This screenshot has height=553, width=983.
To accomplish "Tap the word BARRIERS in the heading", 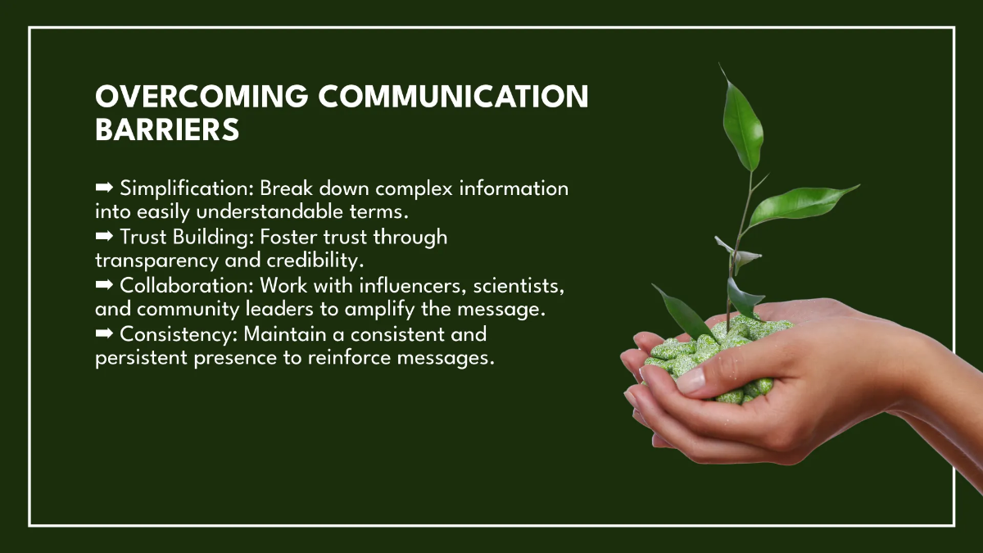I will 167,129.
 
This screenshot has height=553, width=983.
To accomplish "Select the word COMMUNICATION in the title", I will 453,97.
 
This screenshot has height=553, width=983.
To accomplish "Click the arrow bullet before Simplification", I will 105,188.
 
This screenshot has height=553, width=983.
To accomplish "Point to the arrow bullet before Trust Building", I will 105,238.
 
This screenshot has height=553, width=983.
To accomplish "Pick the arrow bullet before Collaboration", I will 105,286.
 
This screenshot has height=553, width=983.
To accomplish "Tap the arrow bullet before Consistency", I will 105,334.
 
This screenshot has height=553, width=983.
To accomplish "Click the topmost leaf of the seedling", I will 742,123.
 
